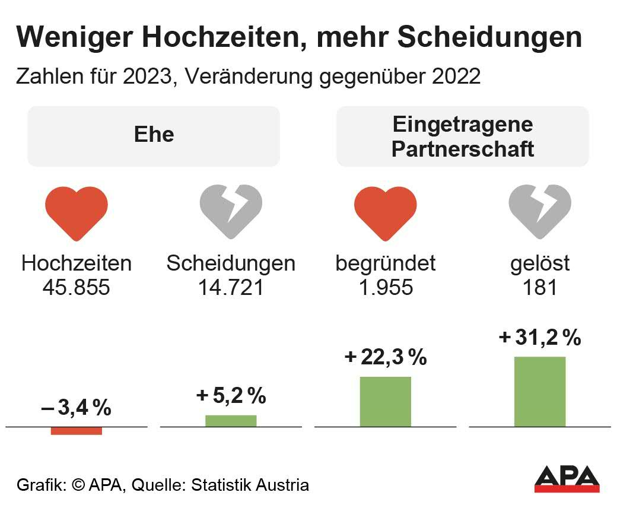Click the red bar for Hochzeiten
click(77, 431)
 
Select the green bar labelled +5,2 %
click(231, 421)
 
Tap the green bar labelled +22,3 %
click(385, 402)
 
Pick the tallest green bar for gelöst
click(539, 392)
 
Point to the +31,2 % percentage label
click(540, 338)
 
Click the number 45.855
click(77, 288)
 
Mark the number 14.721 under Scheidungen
click(231, 288)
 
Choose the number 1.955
click(385, 288)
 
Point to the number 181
click(539, 288)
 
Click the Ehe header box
click(154, 136)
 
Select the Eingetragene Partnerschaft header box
click(463, 136)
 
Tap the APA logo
click(567, 478)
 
